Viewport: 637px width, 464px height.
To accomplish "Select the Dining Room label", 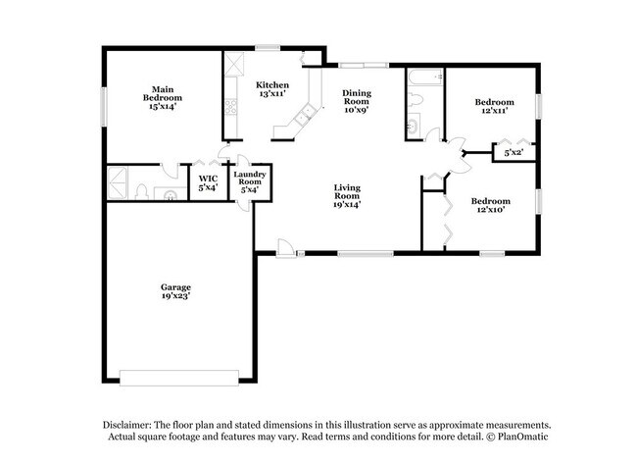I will tap(356, 101).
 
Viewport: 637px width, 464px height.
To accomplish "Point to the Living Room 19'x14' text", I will tap(348, 196).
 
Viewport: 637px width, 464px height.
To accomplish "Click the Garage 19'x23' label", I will tap(176, 291).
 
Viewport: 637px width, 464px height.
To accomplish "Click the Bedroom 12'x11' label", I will tap(494, 107).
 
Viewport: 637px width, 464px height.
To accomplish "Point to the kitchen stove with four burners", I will tap(235, 68).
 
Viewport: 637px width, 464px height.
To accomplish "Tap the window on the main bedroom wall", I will tap(103, 105).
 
